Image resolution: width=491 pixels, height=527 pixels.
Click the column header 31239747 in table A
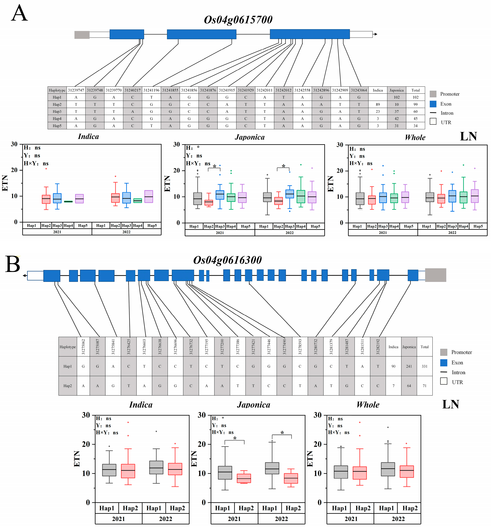click(x=76, y=90)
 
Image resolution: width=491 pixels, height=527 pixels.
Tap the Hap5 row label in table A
click(x=57, y=126)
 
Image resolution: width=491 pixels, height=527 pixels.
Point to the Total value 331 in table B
click(x=424, y=366)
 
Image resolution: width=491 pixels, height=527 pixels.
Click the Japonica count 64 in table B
click(x=409, y=386)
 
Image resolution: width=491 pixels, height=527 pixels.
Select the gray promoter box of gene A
click(x=82, y=35)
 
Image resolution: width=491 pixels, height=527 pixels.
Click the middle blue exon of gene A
click(x=201, y=34)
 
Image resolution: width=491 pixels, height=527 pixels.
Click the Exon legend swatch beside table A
click(x=433, y=104)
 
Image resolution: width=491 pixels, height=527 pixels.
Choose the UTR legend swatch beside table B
click(x=443, y=381)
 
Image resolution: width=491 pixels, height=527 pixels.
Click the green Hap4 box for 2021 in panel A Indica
click(x=68, y=201)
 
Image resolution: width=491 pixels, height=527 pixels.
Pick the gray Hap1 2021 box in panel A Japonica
click(x=197, y=199)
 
